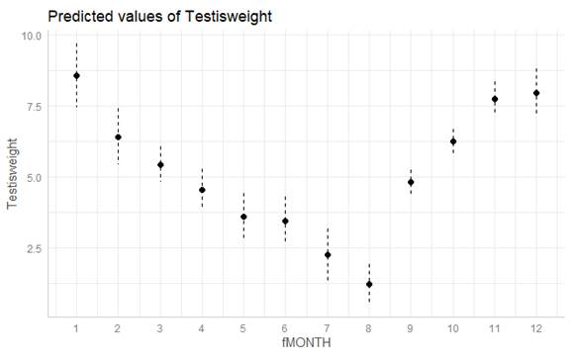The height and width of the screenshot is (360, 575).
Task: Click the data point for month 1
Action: (76, 76)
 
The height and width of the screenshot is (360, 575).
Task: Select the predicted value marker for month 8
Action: (369, 284)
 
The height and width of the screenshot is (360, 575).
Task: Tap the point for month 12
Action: (536, 93)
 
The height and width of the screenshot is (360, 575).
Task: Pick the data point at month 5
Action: (243, 217)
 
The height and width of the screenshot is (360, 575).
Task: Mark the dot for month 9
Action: (411, 182)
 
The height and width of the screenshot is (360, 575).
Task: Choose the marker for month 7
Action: (328, 255)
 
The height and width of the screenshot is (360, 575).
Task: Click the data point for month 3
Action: (160, 165)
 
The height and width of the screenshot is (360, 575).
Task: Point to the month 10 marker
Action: (453, 141)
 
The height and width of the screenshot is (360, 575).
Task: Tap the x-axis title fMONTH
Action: (306, 342)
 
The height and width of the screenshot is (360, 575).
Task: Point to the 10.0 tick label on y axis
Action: (30, 36)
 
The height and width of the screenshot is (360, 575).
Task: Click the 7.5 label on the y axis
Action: (33, 107)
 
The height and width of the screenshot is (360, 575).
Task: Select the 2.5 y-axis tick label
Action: (33, 248)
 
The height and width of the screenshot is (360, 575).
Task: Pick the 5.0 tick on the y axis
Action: (33, 178)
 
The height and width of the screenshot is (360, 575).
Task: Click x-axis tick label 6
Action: (285, 326)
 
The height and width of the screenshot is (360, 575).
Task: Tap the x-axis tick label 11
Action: (495, 326)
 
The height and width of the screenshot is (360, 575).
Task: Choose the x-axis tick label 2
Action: (118, 326)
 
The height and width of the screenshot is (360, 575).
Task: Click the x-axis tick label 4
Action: (202, 326)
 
